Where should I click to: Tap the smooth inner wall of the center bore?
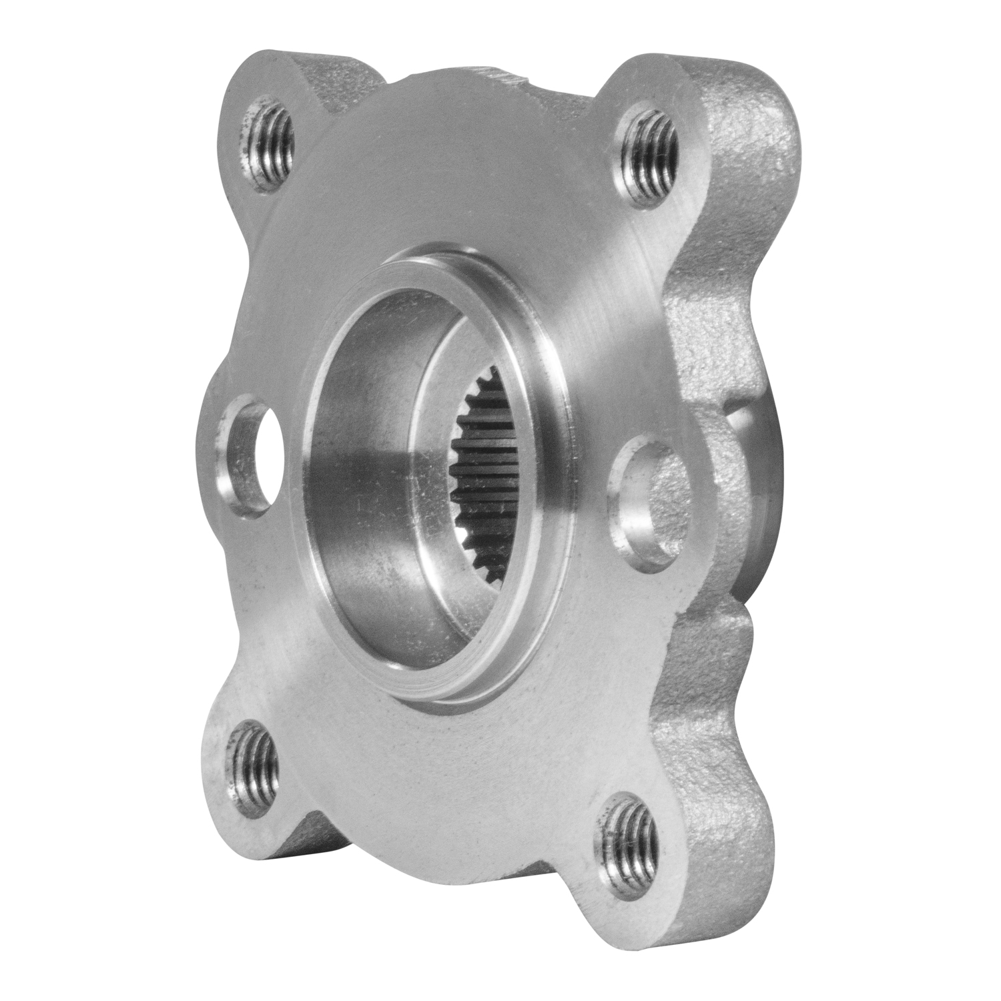click(x=374, y=467)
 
